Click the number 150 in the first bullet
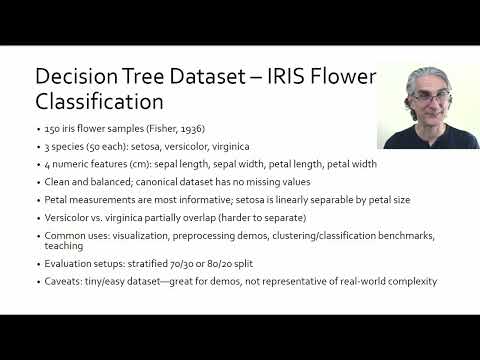(x=53, y=129)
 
